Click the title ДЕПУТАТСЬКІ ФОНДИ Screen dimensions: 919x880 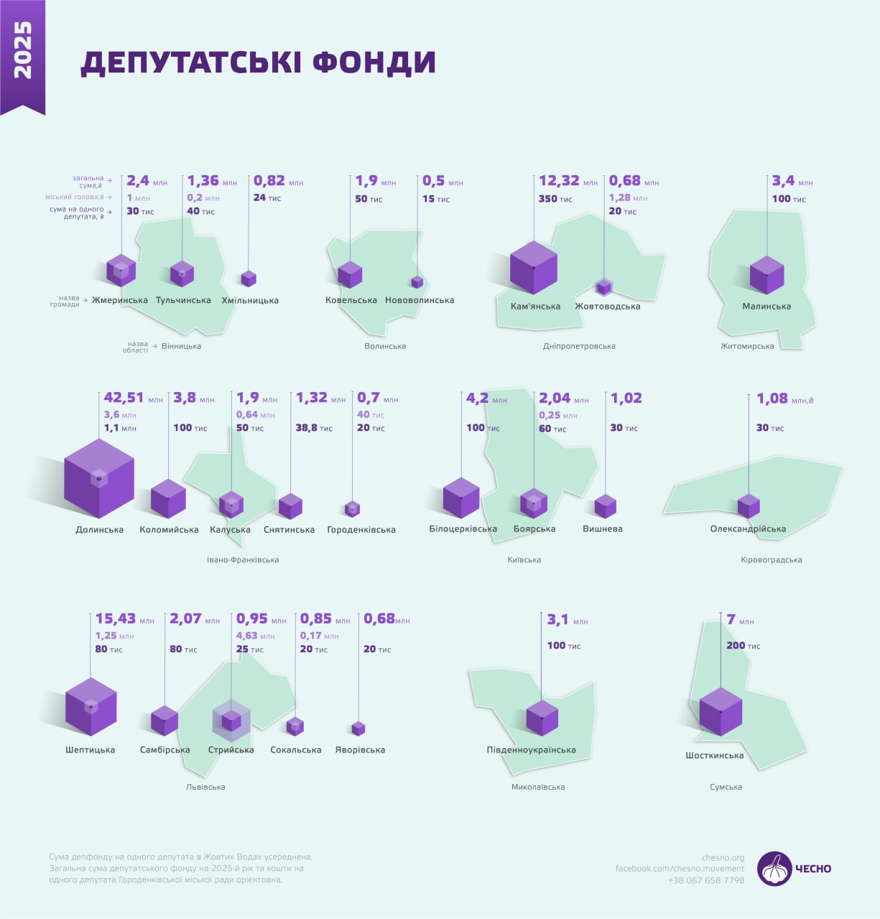click(x=258, y=62)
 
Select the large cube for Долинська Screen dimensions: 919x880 click(x=98, y=478)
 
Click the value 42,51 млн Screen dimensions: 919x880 click(x=133, y=398)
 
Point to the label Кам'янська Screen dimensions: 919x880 click(x=535, y=307)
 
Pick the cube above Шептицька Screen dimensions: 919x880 click(x=91, y=706)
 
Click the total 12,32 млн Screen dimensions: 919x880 click(x=568, y=182)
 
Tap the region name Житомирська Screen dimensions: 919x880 click(x=747, y=346)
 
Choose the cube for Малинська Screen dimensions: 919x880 click(x=766, y=275)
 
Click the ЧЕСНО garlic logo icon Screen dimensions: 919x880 click(x=774, y=869)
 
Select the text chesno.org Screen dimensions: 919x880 click(x=723, y=857)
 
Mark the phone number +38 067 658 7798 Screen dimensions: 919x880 click(x=706, y=880)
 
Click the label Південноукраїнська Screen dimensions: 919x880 click(x=531, y=750)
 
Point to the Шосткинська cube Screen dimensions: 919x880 click(x=721, y=711)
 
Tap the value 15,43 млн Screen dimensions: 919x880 click(x=124, y=619)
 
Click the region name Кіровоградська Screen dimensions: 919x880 click(x=771, y=560)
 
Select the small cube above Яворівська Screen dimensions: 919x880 click(x=358, y=729)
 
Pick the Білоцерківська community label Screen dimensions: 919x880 click(x=463, y=529)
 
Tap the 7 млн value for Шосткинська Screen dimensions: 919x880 click(x=740, y=620)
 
